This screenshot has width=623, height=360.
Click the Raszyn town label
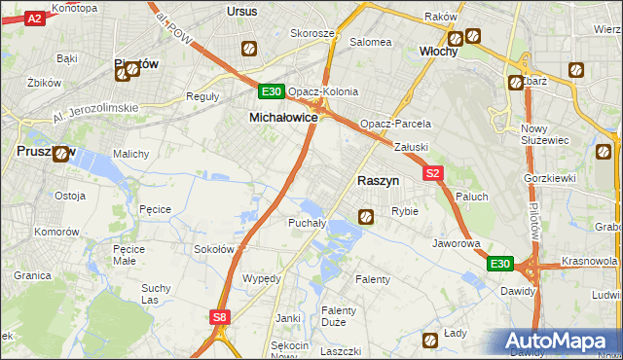tap(385, 181)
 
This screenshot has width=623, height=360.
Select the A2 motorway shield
tap(34, 18)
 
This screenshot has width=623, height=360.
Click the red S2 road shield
tap(434, 173)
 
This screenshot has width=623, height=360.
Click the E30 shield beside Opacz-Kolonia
tap(272, 92)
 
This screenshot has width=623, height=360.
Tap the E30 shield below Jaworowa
tap(499, 264)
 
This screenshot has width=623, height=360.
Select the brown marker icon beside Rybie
tap(366, 217)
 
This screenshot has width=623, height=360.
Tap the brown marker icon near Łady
tap(430, 340)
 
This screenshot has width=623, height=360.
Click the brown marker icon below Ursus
tap(249, 49)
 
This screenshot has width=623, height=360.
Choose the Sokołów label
tap(214, 249)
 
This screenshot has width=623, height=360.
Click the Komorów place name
tap(55, 232)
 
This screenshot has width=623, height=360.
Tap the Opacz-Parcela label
tap(395, 125)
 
